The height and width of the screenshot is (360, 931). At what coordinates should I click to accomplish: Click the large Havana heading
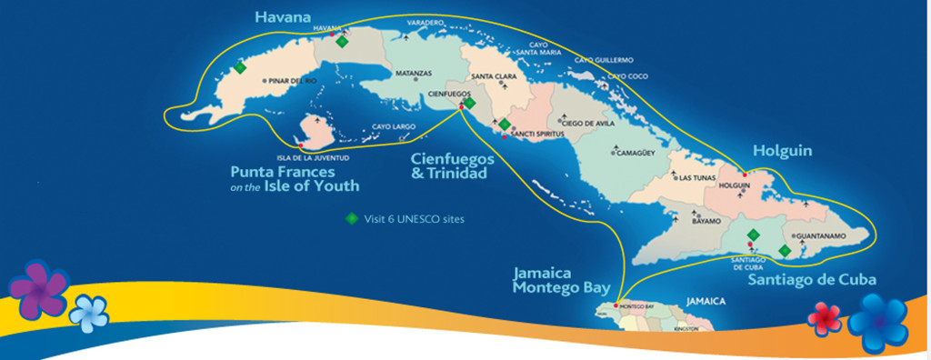point(283,15)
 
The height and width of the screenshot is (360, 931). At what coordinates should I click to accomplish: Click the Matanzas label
point(414,73)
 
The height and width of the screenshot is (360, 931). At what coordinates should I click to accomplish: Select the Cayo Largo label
point(393,127)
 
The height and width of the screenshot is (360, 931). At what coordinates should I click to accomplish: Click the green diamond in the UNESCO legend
point(349,219)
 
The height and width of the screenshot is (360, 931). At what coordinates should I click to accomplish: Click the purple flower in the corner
point(39,290)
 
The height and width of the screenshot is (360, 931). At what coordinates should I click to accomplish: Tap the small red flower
point(825,315)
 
